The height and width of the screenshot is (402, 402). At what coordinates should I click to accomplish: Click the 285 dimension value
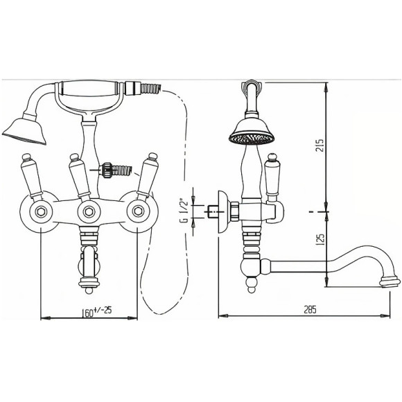(x=310, y=310)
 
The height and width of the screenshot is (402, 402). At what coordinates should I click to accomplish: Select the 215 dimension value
(x=320, y=146)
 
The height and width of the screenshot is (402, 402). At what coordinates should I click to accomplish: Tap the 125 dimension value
(x=320, y=239)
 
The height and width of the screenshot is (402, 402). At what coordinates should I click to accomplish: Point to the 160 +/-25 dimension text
(x=96, y=311)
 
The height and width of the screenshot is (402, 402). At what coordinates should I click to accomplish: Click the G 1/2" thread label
(x=184, y=210)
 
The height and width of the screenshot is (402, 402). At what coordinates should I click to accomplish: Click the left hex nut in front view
(x=41, y=211)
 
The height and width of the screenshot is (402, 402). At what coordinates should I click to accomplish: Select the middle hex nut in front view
(x=89, y=211)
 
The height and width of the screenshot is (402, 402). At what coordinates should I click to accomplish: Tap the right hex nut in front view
(x=138, y=211)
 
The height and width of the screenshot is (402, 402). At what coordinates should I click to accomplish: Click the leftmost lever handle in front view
(x=32, y=176)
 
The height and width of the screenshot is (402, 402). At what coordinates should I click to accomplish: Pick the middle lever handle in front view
(x=80, y=177)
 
